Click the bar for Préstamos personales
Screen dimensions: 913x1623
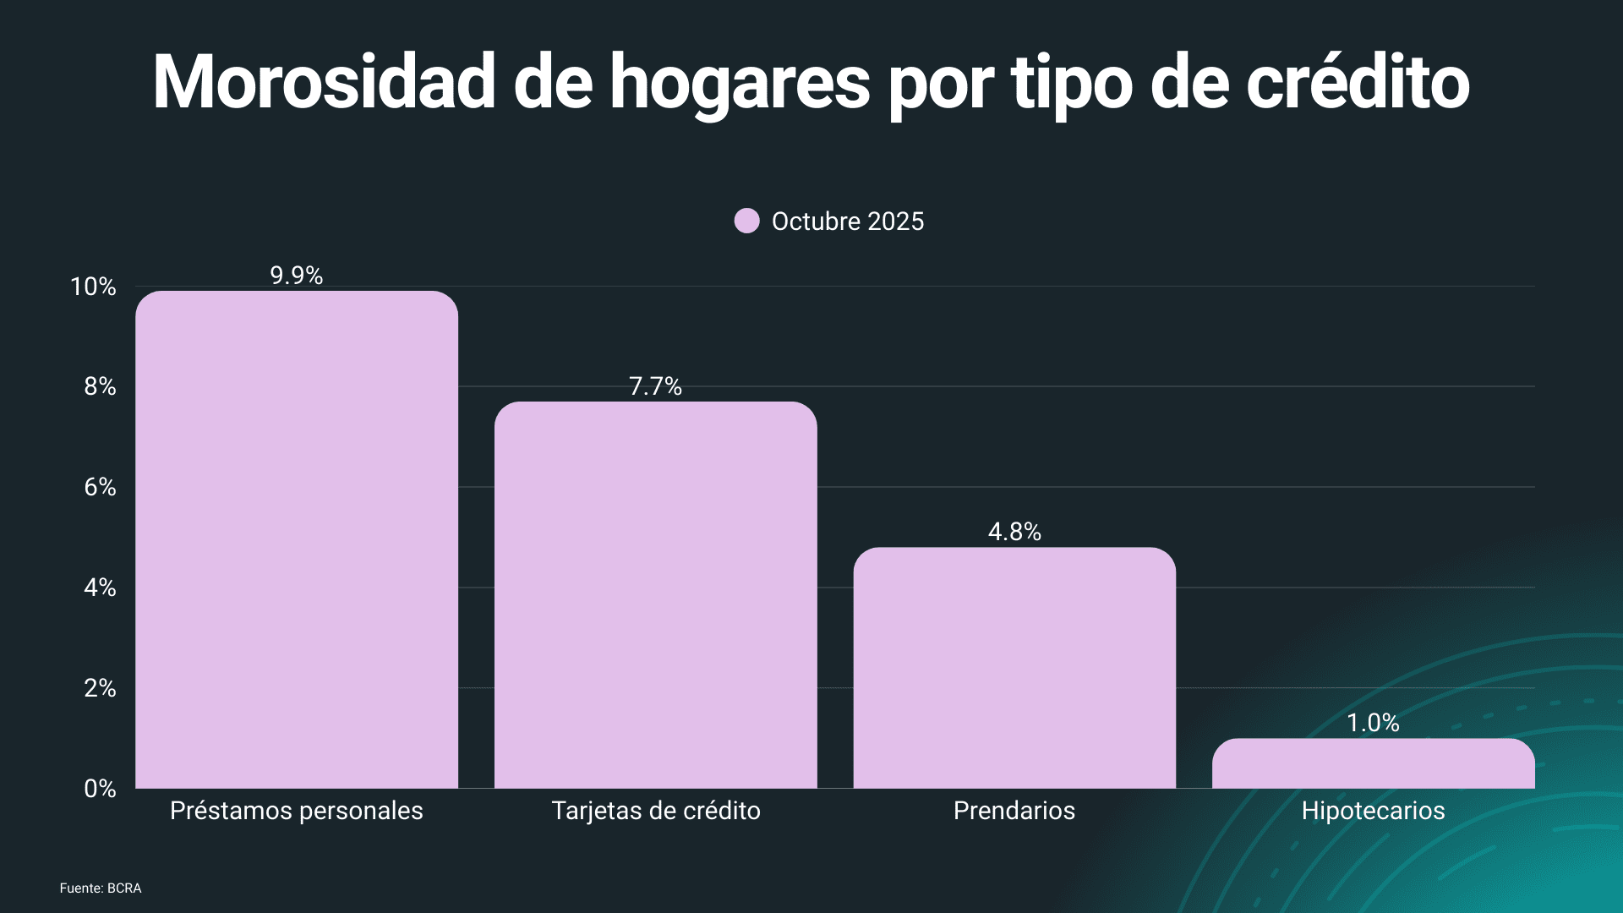click(297, 541)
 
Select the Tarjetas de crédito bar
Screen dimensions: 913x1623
click(655, 596)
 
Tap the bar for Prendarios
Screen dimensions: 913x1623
click(1014, 668)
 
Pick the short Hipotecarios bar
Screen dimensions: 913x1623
click(1373, 764)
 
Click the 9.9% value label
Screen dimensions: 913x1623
click(297, 276)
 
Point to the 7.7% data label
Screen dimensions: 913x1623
click(655, 386)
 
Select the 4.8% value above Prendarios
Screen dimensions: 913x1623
click(1014, 532)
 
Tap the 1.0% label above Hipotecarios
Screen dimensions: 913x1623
click(1373, 723)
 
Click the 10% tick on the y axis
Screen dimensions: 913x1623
click(93, 287)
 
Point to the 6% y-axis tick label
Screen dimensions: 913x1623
click(100, 487)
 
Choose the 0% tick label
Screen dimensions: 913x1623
click(100, 789)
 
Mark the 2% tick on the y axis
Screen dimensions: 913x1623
click(100, 688)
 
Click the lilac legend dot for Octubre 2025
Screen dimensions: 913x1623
click(747, 221)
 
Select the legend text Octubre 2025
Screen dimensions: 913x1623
click(848, 221)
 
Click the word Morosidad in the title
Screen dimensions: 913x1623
click(324, 82)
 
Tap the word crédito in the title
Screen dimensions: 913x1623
click(1358, 82)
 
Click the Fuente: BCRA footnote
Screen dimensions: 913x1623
click(101, 888)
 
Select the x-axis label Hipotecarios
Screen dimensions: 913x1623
click(1373, 811)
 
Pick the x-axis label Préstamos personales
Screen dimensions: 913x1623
click(297, 811)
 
